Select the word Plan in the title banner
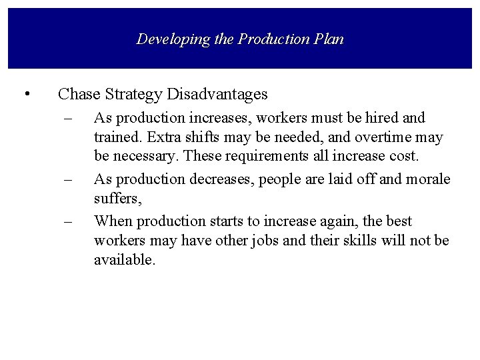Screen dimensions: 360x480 tap(329, 39)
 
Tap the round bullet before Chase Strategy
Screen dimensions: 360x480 tap(26, 94)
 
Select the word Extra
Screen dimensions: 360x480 tap(155, 139)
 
